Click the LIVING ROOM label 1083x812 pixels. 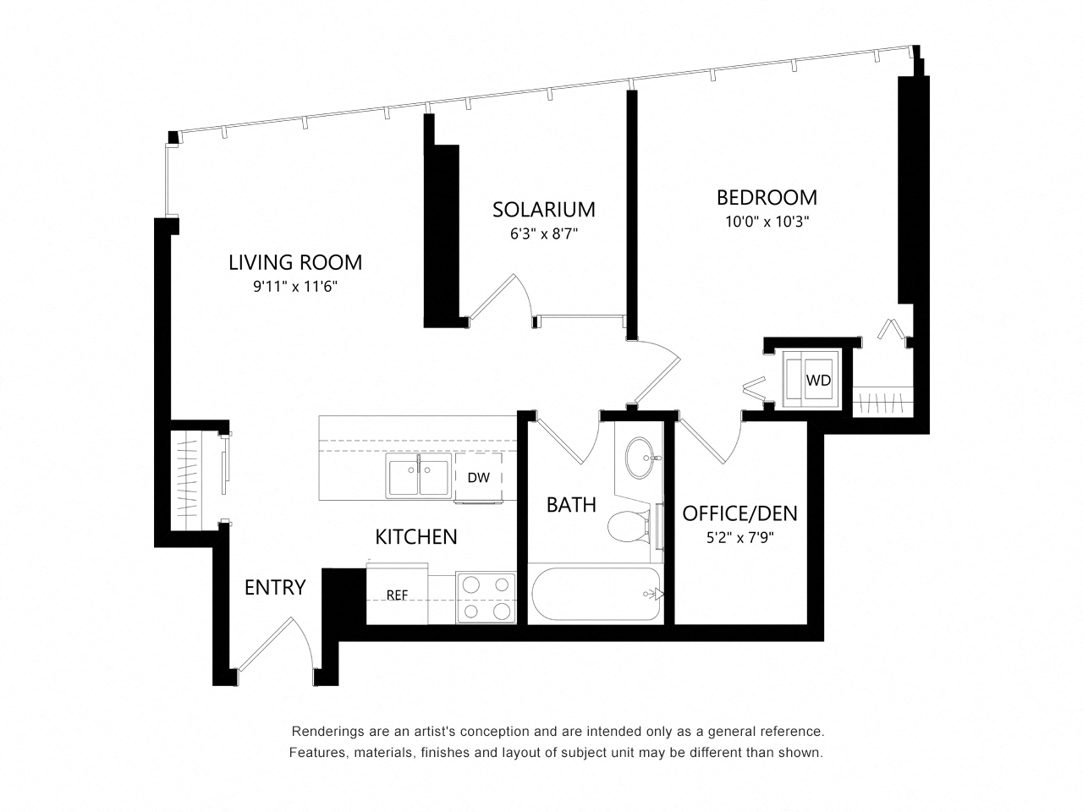[x=295, y=262]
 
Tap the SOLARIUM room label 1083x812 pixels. [x=544, y=210]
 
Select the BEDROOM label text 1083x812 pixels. [x=767, y=198]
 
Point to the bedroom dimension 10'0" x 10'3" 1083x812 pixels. [x=767, y=222]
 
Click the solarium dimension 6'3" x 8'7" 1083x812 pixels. [x=544, y=233]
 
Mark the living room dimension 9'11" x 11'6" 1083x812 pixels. [x=295, y=287]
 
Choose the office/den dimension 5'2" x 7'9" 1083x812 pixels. [x=739, y=537]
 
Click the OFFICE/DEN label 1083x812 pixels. [x=739, y=513]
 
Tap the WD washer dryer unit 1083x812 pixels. [x=811, y=379]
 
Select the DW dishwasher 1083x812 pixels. [x=478, y=477]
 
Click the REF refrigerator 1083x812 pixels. [x=397, y=594]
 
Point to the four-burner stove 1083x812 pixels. [x=486, y=597]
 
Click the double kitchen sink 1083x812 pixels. [x=419, y=477]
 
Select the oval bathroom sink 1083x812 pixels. [x=640, y=458]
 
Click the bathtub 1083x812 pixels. [x=596, y=594]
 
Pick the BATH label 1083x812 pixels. [x=571, y=505]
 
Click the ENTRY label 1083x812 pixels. [x=275, y=588]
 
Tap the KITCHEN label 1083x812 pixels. [x=416, y=537]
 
